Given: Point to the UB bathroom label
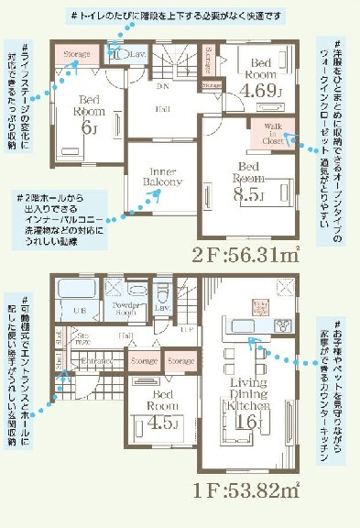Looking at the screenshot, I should [x=79, y=313].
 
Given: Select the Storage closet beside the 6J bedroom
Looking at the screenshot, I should [x=78, y=54].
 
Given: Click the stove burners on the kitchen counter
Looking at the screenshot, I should [x=279, y=324].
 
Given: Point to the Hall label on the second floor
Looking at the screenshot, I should [x=160, y=108].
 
